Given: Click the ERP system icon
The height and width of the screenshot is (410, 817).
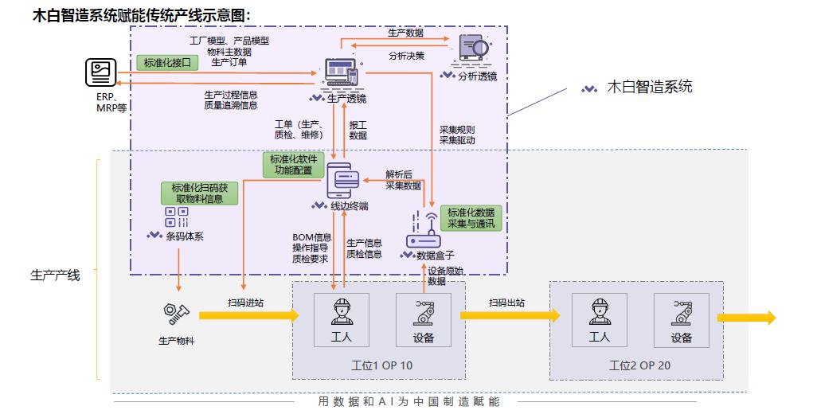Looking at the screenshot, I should (101, 73).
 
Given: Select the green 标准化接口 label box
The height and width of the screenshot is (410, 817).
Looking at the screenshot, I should (167, 63).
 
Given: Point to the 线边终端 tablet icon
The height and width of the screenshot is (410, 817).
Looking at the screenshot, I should (344, 180).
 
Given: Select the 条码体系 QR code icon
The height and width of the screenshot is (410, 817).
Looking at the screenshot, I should (176, 217).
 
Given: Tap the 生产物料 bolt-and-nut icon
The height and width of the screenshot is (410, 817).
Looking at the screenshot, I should (175, 314).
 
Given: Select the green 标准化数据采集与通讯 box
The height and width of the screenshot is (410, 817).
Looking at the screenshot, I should (471, 218).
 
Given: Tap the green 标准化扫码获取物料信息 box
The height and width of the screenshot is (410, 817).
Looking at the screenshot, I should (199, 193).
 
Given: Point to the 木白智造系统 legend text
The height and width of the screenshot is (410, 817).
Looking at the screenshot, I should (650, 87).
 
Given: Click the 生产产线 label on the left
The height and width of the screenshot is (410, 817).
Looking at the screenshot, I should (55, 275).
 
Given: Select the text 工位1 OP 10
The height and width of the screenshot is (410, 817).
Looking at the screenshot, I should (382, 365).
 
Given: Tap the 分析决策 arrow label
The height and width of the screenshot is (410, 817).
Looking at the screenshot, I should (406, 56).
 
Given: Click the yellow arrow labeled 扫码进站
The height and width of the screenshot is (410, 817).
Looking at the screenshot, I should (247, 315).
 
